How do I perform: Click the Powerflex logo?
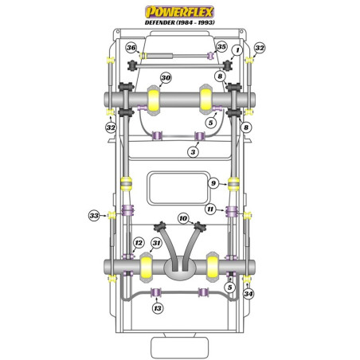click(x=179, y=11)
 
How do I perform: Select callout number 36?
click(x=131, y=49)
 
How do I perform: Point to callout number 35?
click(x=221, y=49)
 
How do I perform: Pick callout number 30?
click(x=166, y=78)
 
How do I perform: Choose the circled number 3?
click(x=193, y=151)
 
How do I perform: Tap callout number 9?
click(x=213, y=184)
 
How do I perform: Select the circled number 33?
click(x=94, y=214)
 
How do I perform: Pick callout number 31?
click(x=157, y=243)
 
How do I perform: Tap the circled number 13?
click(x=157, y=309)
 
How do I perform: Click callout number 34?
click(x=248, y=294)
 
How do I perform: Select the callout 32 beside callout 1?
click(x=259, y=49)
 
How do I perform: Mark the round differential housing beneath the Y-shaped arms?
click(x=181, y=271)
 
